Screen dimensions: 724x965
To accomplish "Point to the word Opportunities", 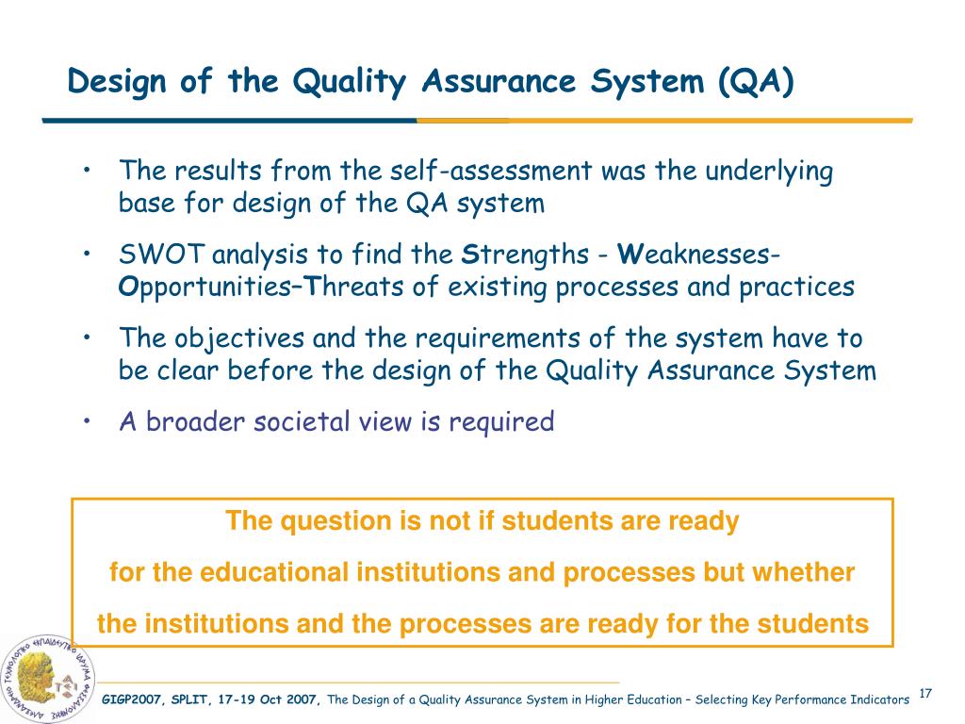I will pyautogui.click(x=195, y=287).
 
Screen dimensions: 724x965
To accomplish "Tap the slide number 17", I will pyautogui.click(x=924, y=695).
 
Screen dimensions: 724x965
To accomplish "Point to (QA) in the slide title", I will pyautogui.click(x=755, y=82).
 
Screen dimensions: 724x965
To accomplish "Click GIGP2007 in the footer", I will pyautogui.click(x=135, y=699).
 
